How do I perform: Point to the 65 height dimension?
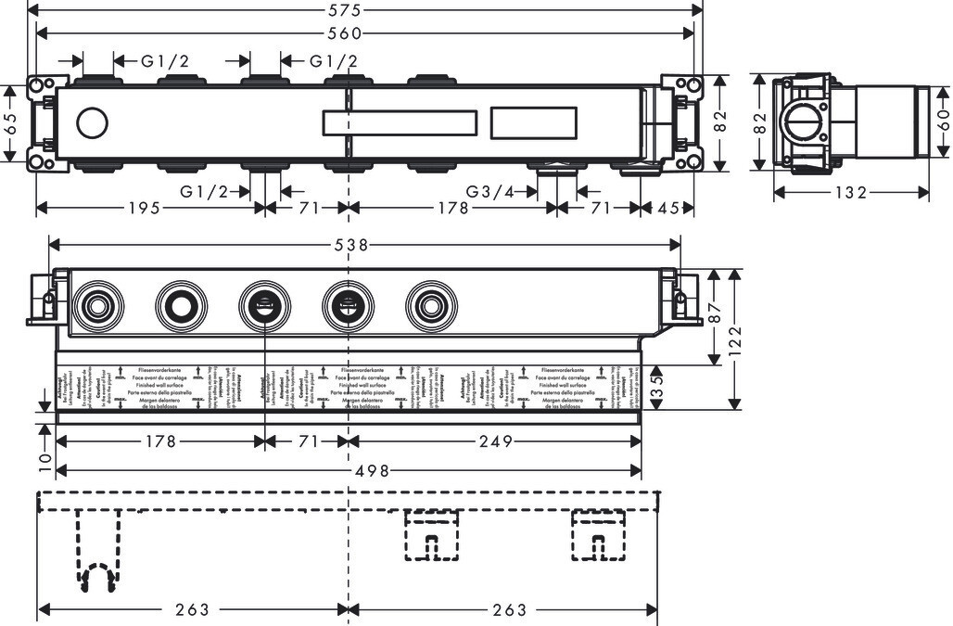point(10,124)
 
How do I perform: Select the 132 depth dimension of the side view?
point(850,193)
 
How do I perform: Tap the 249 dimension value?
point(496,442)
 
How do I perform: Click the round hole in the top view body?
point(93,122)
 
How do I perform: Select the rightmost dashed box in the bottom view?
point(597,534)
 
